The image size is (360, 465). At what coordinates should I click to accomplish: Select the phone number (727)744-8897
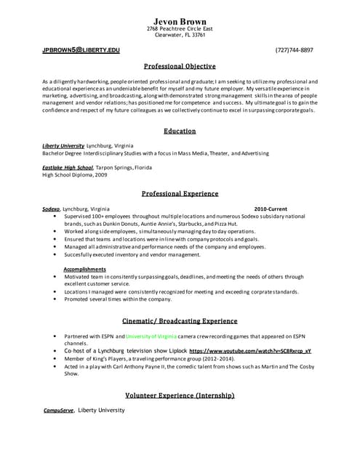click(x=295, y=50)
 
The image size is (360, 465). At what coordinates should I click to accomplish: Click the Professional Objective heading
click(x=180, y=65)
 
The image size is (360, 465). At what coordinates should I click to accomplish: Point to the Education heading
click(x=180, y=131)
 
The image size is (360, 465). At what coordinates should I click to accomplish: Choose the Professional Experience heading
click(x=180, y=194)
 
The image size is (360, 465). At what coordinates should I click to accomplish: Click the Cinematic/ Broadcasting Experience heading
click(x=180, y=320)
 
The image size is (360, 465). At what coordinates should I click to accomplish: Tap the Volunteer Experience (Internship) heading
click(x=180, y=395)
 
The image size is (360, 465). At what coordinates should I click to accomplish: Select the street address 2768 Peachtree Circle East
click(x=180, y=28)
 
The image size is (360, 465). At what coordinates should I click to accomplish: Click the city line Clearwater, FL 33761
click(x=180, y=34)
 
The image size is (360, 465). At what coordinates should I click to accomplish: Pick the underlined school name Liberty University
click(x=63, y=146)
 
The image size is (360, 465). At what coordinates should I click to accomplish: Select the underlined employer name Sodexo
click(x=51, y=209)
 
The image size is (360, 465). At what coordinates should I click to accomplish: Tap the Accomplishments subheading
click(x=85, y=269)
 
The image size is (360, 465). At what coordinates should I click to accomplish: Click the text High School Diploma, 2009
click(x=76, y=175)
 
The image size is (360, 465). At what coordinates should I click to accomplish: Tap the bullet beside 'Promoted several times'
click(x=56, y=299)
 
